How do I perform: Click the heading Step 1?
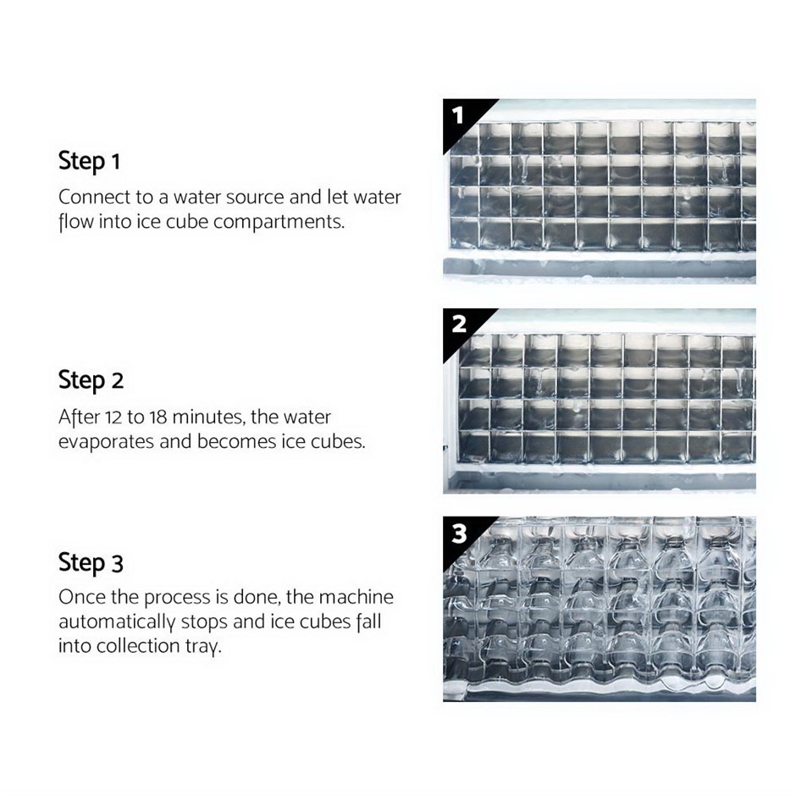coord(90,162)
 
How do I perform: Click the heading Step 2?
coord(91,381)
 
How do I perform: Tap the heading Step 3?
coord(91,563)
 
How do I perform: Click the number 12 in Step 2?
coord(113,417)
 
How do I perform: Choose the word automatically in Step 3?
coord(117,622)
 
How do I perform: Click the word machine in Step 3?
coord(357,597)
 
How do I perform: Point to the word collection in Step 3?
coord(138,646)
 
